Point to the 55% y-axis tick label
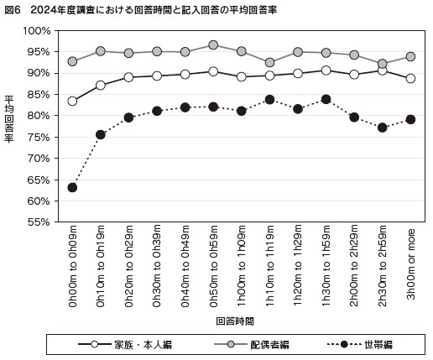tap(38, 222)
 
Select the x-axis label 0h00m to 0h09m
tap(73, 266)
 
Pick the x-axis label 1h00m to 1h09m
tap(242, 266)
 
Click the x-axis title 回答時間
tap(234, 321)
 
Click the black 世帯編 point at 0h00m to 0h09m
tap(73, 187)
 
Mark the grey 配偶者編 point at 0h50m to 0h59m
tap(213, 45)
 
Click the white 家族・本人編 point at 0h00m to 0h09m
tap(73, 101)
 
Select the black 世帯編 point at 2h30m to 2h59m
tap(383, 128)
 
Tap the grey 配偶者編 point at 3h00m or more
tap(410, 57)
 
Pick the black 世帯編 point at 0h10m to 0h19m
tap(101, 134)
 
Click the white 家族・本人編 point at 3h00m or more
tap(410, 79)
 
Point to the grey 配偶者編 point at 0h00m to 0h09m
tap(73, 61)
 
